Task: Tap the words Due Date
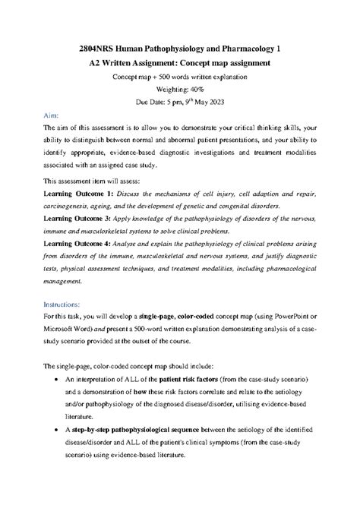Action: click(x=154, y=101)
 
